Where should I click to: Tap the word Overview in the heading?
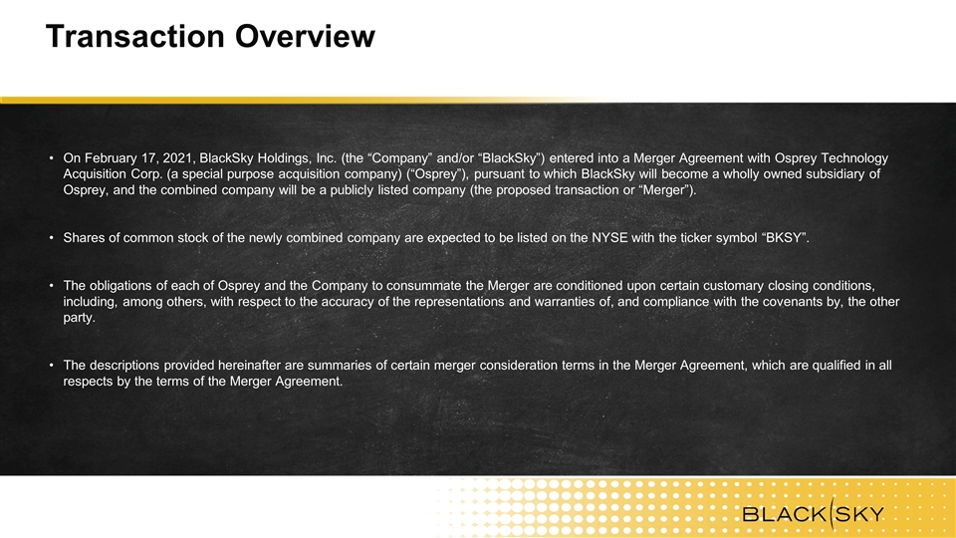(305, 36)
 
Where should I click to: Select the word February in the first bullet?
(112, 158)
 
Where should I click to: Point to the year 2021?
(178, 158)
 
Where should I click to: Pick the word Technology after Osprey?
(854, 158)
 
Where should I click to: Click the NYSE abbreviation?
(609, 238)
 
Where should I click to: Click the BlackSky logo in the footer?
(813, 514)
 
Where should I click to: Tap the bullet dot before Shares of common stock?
(52, 238)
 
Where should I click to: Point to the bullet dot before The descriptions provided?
(52, 366)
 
